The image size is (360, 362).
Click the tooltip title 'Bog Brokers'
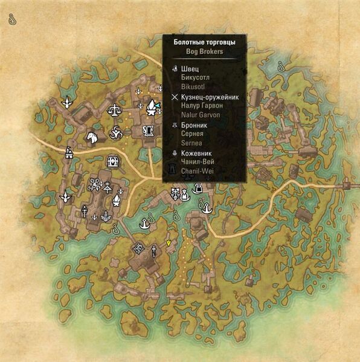coord(204,52)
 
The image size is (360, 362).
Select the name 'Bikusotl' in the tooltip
coord(193,86)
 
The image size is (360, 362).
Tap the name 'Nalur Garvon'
coord(201,115)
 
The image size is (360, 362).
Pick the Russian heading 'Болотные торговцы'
coord(204,42)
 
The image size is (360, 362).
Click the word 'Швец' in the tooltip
coord(189,68)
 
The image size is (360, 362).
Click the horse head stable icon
coord(92,138)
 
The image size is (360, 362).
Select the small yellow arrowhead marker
coord(169,243)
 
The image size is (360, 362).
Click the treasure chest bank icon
coord(112,161)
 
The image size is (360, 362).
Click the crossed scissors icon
coord(94,184)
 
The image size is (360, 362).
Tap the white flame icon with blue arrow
coord(152,108)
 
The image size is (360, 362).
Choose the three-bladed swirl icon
coord(115,131)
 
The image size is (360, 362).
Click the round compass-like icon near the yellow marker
coord(139,247)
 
